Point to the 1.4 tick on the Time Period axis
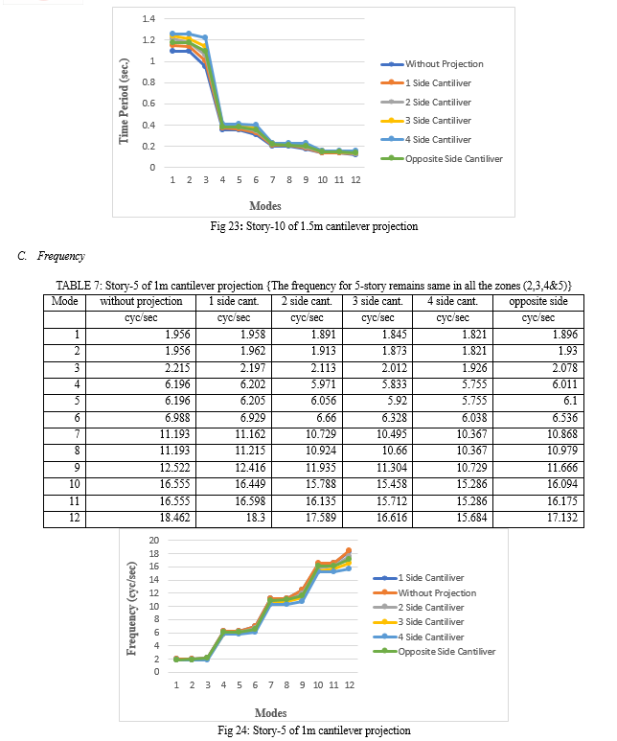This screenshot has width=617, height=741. coord(149,19)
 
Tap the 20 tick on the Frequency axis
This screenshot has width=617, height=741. coord(154,540)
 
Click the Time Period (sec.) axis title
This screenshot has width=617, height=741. coord(124,101)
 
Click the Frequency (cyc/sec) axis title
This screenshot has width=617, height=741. coord(131,609)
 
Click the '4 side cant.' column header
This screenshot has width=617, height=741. coord(452,301)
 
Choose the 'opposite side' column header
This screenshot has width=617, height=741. coord(538,301)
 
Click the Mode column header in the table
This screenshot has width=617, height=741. coord(65,301)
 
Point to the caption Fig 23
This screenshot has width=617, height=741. coord(314,226)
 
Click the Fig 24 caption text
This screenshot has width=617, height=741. coord(314,730)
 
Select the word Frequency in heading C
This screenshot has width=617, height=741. coord(61,256)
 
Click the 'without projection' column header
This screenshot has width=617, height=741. coord(141,301)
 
